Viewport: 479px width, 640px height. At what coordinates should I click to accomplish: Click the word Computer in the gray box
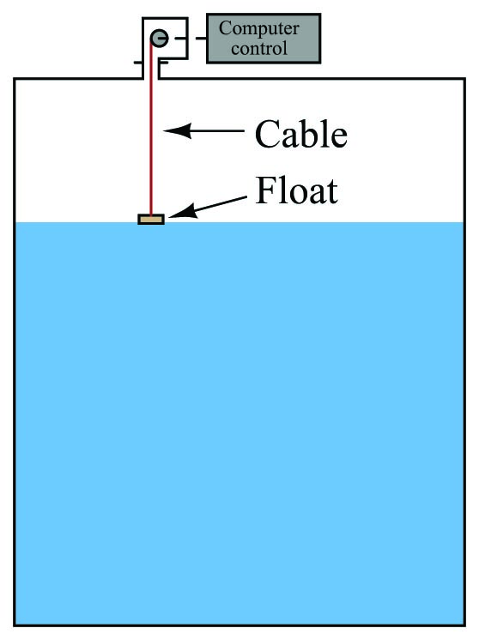point(259,29)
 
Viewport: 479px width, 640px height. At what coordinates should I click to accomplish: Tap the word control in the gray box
point(259,48)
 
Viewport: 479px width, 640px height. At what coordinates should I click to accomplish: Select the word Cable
point(301,134)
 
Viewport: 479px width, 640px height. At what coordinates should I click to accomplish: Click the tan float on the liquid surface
point(151,219)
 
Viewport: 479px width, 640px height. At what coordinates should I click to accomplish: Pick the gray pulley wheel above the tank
point(159,39)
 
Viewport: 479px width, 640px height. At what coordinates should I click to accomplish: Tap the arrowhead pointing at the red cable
point(177,130)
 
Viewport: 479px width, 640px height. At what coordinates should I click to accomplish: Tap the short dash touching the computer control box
point(201,39)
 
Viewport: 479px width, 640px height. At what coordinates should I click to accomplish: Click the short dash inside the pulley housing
point(180,39)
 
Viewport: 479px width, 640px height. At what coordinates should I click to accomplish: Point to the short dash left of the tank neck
point(138,63)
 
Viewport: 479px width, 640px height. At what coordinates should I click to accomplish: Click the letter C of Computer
point(227,29)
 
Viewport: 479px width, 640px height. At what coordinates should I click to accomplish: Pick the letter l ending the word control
point(285,48)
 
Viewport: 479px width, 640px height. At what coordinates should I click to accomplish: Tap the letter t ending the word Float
point(332,193)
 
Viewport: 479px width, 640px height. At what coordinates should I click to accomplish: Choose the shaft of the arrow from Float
point(220,204)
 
